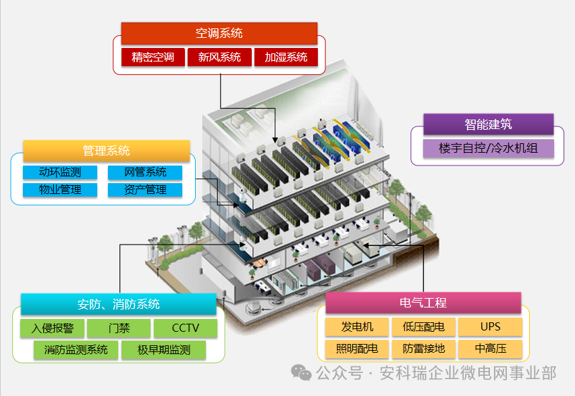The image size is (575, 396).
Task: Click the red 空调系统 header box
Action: (219, 33)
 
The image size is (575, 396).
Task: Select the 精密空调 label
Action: (153, 57)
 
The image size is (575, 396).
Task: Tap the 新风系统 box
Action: (219, 57)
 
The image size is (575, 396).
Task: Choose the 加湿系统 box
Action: (285, 57)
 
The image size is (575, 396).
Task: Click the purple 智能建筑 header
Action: (488, 124)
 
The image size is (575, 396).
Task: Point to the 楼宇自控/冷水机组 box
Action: (488, 148)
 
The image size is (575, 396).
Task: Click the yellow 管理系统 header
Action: (106, 151)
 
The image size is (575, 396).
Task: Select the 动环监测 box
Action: (59, 172)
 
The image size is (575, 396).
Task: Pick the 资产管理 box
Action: (145, 190)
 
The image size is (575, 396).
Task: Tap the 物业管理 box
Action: (59, 190)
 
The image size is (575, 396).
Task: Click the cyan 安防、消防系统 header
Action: (118, 304)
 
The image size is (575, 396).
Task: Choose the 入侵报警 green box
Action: (52, 328)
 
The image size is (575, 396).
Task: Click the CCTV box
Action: (186, 328)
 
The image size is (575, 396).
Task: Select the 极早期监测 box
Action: (163, 350)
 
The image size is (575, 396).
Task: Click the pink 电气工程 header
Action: (423, 303)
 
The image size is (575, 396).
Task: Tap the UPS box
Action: (491, 327)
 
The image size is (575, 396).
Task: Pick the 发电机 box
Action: (356, 327)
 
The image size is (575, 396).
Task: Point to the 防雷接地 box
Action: (423, 349)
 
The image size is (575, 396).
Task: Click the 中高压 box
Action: (491, 349)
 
